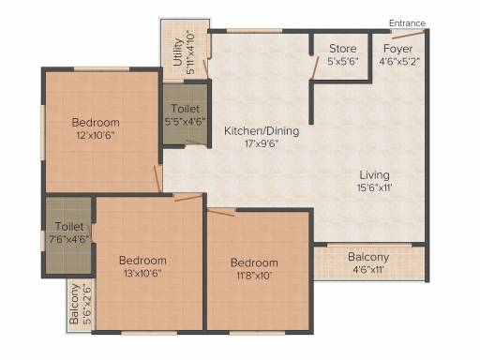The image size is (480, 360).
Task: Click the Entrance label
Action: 407,23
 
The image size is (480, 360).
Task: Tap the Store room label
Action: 343,49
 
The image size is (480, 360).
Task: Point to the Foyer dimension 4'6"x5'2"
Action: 399,61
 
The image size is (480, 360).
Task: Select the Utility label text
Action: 178,52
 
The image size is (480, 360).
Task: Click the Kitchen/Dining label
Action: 262,130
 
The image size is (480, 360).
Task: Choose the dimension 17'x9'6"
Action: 262,143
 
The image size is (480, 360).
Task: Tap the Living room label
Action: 374,175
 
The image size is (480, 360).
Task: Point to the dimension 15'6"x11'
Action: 374,187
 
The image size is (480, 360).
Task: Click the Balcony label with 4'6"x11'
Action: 368,257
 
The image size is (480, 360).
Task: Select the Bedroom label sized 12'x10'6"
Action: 96,122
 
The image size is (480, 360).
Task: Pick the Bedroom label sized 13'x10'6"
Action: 142,261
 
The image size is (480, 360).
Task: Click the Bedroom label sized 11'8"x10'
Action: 254,262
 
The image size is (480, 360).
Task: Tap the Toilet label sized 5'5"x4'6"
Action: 186,109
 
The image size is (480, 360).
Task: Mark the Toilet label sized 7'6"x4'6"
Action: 69,226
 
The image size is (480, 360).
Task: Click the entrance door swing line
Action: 408,35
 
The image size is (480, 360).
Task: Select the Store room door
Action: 314,67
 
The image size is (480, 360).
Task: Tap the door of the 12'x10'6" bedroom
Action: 157,179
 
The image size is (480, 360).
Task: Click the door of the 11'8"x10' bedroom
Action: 221,213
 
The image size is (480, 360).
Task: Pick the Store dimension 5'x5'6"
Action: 343,61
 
